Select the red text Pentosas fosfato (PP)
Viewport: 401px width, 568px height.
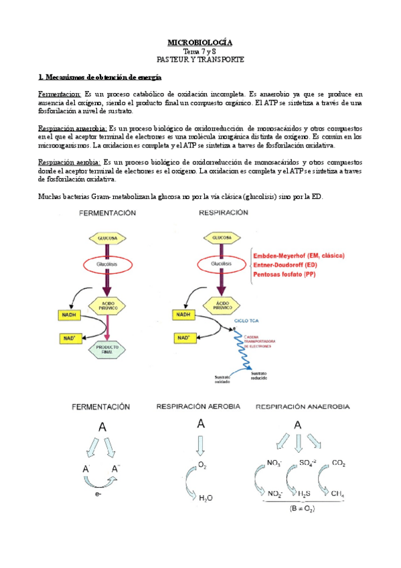pyautogui.click(x=280, y=275)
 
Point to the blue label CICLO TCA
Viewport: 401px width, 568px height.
pyautogui.click(x=247, y=322)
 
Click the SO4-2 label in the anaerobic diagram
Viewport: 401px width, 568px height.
pyautogui.click(x=307, y=463)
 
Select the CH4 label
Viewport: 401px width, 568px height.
pyautogui.click(x=338, y=494)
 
